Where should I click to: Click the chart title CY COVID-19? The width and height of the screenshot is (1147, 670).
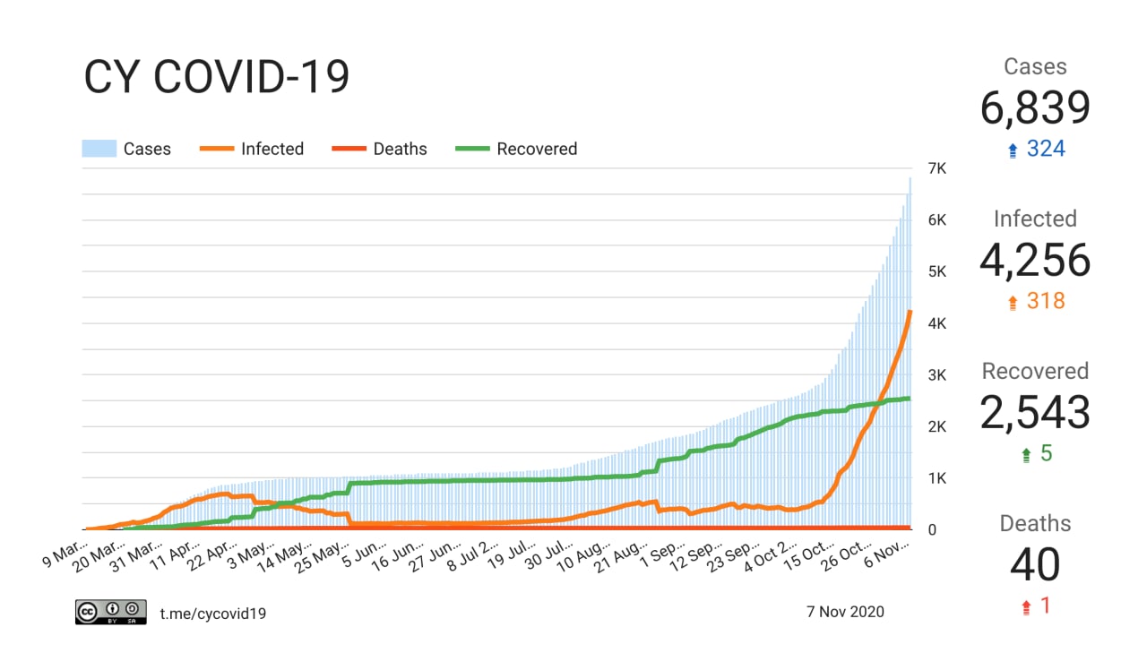(x=216, y=78)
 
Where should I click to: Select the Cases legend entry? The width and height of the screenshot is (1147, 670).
(x=126, y=149)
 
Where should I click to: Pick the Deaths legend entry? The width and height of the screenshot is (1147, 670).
(x=380, y=149)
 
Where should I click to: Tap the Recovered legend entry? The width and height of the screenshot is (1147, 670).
(x=517, y=149)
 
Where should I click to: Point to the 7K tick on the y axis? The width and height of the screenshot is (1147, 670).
(x=937, y=169)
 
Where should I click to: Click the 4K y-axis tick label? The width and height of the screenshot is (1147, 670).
(x=937, y=323)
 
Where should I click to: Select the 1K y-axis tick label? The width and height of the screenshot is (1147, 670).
(x=937, y=478)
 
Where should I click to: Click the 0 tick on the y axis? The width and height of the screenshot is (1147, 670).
(x=933, y=529)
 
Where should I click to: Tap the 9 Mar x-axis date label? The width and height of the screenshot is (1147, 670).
(x=65, y=554)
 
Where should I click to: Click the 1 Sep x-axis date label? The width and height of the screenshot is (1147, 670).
(x=661, y=554)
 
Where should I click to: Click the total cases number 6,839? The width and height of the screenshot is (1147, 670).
(x=1035, y=108)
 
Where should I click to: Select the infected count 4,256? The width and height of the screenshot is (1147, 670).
(x=1035, y=261)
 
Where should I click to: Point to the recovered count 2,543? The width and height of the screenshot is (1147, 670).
(x=1035, y=413)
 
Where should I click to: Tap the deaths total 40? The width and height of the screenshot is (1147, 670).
(x=1035, y=565)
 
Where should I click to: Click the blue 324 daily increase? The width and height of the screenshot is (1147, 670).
(x=1045, y=149)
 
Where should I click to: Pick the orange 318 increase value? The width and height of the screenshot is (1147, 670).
(x=1045, y=301)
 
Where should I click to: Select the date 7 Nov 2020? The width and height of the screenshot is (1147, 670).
(x=845, y=612)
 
